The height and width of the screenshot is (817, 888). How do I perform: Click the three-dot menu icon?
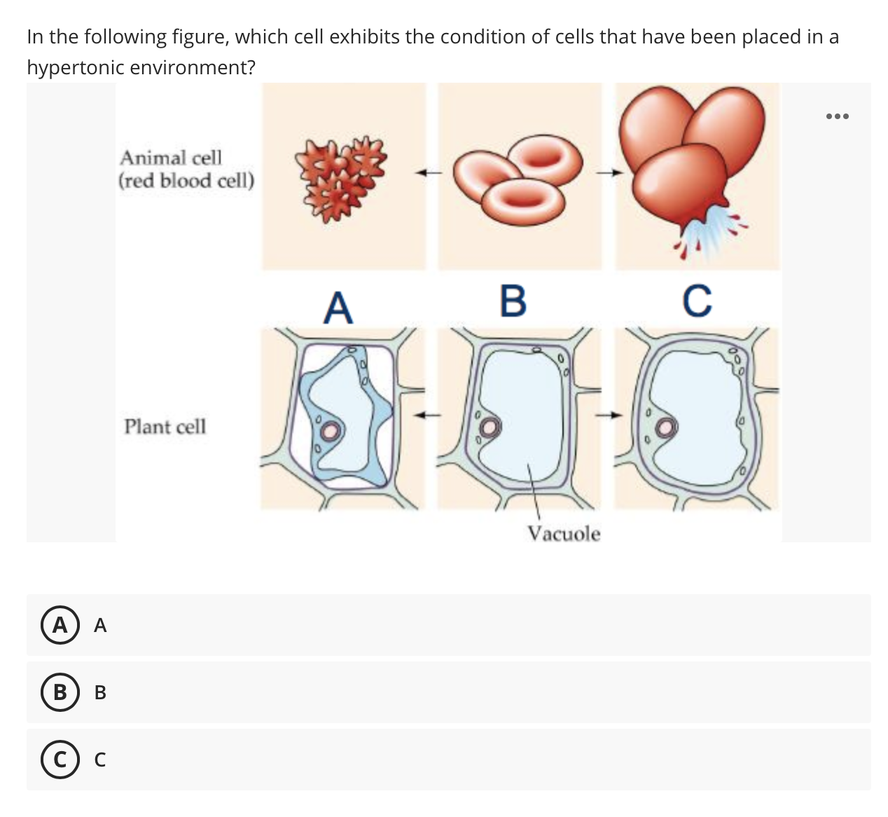click(836, 116)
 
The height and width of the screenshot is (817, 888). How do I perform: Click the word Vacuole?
click(564, 534)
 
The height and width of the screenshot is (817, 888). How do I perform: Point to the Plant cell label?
click(165, 426)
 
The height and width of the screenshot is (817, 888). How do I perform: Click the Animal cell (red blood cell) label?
click(186, 169)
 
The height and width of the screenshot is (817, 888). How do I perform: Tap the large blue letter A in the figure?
click(338, 308)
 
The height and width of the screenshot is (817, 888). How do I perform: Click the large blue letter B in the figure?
click(513, 301)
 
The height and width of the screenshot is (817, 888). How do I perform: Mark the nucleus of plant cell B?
click(491, 427)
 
